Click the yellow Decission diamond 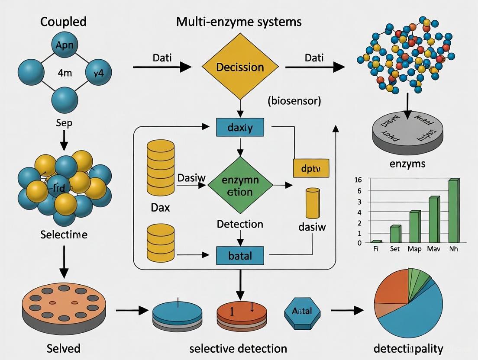point(239,67)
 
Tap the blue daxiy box point(239,128)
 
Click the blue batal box point(239,255)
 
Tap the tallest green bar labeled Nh point(453,211)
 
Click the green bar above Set point(395,234)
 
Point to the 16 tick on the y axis point(357,180)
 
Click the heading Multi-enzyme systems point(239,22)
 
